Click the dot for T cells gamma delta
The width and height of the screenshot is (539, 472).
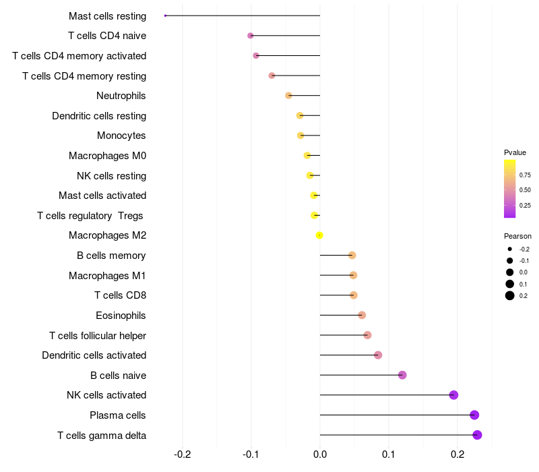[x=477, y=435]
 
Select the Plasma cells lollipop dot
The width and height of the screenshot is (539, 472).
[x=474, y=415]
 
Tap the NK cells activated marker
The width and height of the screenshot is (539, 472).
[x=453, y=395]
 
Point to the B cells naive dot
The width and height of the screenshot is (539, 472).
[x=402, y=375]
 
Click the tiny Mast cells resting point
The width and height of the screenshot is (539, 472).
[x=165, y=16]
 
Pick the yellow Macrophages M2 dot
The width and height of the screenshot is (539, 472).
[x=319, y=235]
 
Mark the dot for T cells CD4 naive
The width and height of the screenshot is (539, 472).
[x=251, y=35]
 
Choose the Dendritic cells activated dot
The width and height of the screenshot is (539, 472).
[x=378, y=355]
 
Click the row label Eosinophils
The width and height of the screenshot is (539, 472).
[x=121, y=316]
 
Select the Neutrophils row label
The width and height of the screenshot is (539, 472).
[x=121, y=96]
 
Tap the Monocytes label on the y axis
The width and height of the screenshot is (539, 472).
[x=121, y=136]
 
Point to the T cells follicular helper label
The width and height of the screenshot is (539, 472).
[x=98, y=335]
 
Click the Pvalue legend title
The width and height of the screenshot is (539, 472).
[x=515, y=152]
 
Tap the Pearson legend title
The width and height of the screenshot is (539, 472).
[x=517, y=237]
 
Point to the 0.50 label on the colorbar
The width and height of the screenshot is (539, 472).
[x=525, y=190]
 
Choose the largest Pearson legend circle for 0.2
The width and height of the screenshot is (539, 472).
[x=510, y=295]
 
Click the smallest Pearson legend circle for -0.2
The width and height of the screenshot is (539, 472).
[x=510, y=249]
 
